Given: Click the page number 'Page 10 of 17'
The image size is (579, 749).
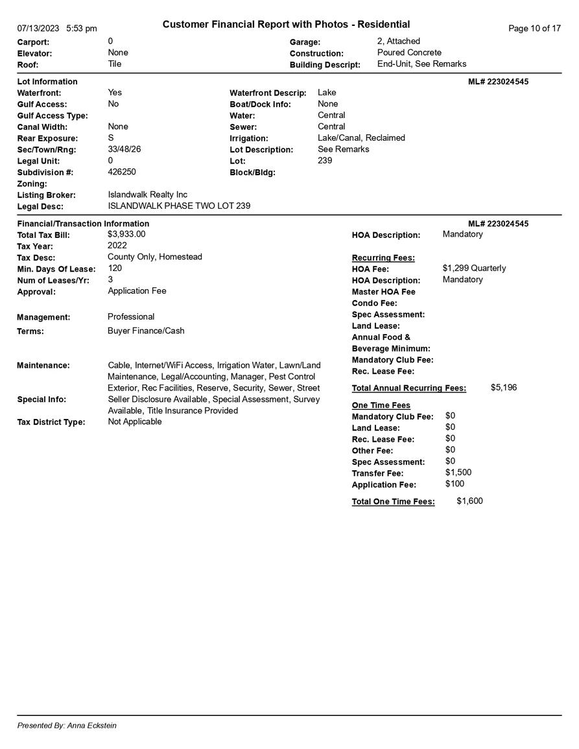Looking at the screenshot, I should tap(534, 29).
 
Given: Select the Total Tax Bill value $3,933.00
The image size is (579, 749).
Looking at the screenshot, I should tap(126, 234).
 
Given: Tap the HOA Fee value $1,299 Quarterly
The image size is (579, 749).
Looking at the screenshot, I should tap(474, 268).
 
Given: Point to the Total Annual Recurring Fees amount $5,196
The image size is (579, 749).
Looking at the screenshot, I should tap(504, 388).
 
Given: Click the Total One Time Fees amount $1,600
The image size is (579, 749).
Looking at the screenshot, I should tap(469, 501).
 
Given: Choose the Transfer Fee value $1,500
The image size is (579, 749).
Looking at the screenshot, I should tap(458, 473).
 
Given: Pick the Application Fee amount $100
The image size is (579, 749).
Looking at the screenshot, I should tap(455, 484).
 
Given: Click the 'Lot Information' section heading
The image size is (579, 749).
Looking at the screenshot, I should tap(47, 82).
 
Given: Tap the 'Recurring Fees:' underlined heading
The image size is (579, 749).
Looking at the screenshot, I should tap(383, 258).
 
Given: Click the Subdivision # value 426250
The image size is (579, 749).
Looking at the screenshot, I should tap(122, 172).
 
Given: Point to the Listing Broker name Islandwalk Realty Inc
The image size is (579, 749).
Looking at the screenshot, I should tap(148, 195).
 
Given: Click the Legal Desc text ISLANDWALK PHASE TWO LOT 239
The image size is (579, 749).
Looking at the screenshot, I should tap(179, 206).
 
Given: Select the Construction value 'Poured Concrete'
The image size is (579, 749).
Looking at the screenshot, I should tap(409, 53).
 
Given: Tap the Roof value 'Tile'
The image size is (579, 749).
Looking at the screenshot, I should tap(115, 64).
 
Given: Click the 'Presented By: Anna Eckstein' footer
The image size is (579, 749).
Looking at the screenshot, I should tap(67, 726).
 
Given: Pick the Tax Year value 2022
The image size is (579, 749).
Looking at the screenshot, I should tap(117, 246).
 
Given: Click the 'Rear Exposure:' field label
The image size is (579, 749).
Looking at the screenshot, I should tap(47, 139).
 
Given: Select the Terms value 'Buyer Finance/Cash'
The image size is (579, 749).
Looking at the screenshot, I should tap(146, 331).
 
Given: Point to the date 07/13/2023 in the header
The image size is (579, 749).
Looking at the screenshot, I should tap(38, 29).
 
